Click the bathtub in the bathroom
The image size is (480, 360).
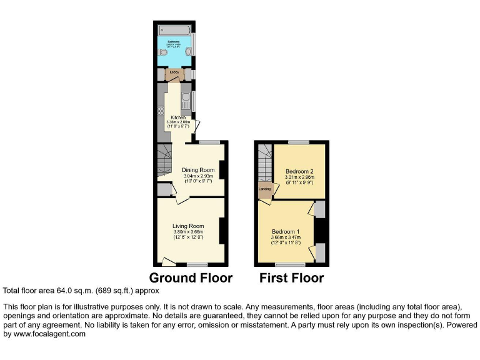174,30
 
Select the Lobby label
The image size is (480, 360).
174,72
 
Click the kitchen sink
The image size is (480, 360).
186,98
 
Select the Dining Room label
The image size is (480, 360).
198,170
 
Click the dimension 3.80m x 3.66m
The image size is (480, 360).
189,232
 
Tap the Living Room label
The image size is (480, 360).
189,226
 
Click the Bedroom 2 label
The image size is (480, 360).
299,171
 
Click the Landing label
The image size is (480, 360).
265,187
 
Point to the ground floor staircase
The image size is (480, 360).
164,159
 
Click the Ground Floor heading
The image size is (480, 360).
191,278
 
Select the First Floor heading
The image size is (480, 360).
292,278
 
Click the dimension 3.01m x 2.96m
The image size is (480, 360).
299,177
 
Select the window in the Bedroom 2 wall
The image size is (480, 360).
298,143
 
